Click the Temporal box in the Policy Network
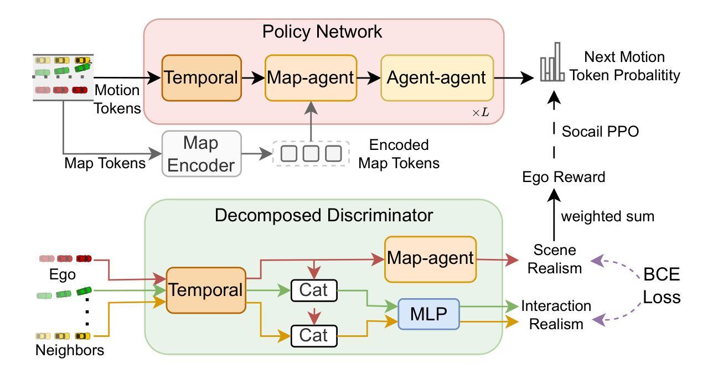point(201,78)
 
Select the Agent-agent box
point(437,78)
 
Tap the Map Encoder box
point(202,154)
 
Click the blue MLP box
point(428,314)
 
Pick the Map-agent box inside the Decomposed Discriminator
point(430,258)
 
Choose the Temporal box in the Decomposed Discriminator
point(205,290)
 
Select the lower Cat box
point(314,335)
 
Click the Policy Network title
point(322,32)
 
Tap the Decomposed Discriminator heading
point(324,215)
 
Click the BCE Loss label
point(661,286)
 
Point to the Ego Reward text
point(564,177)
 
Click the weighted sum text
point(607,216)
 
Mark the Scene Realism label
point(556,259)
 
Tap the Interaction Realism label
point(556,314)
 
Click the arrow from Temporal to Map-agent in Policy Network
point(253,78)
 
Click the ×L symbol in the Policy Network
point(480,113)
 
